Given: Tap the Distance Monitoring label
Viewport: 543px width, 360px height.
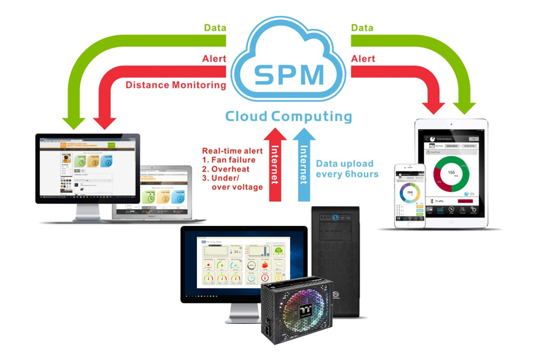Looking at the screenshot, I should click(175, 85).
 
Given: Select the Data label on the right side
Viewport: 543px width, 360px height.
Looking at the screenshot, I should click(363, 27).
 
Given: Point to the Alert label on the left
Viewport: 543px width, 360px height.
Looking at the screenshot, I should click(214, 58).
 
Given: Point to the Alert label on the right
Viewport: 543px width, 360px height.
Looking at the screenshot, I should click(363, 58).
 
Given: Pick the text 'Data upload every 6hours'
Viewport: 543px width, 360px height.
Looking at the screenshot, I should click(347, 169).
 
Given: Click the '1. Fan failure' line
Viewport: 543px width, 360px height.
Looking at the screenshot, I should click(229, 160).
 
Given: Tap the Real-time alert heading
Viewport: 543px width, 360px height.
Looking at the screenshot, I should click(232, 151).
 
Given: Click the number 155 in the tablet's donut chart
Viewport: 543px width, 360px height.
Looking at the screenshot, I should click(451, 172).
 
